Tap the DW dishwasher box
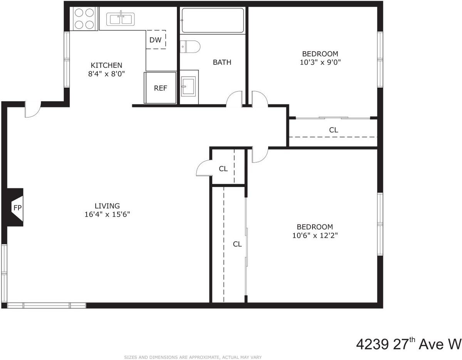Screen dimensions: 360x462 coord(156,39)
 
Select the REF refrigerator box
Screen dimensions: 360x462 coord(161,88)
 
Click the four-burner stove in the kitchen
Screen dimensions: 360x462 coord(84,19)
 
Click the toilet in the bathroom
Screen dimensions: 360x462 coord(190,47)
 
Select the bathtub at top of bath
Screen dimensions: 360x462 coord(213,21)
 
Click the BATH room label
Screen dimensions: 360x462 coord(222,62)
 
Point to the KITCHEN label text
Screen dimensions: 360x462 coord(106,65)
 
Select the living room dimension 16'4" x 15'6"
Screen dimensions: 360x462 coord(108,214)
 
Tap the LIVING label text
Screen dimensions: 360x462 coord(108,206)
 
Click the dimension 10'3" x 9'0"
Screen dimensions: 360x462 coord(320,62)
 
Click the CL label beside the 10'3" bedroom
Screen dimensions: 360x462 coord(334,130)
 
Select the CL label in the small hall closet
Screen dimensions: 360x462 coord(223,169)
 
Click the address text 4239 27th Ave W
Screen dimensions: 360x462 coord(408,343)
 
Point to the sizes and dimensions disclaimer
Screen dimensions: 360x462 coord(193,357)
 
